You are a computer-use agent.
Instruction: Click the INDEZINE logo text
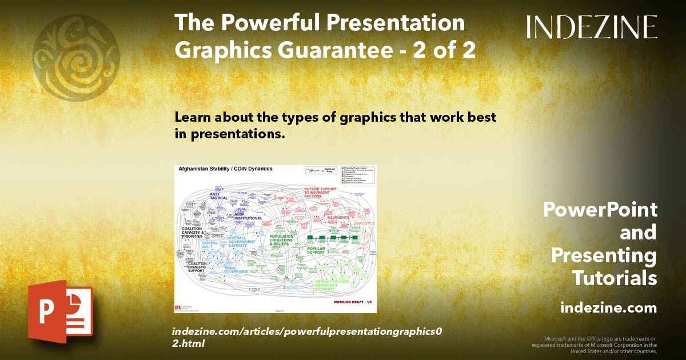[592, 27]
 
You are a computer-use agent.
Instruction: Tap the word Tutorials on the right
[614, 278]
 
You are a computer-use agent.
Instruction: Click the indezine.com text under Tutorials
[608, 308]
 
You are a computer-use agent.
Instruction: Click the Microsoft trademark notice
[595, 345]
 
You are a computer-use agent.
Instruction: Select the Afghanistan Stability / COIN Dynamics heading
[226, 169]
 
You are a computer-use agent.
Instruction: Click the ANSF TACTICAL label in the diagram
[218, 196]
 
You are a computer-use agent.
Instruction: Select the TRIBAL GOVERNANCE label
[236, 270]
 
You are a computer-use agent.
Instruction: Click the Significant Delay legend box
[320, 170]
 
